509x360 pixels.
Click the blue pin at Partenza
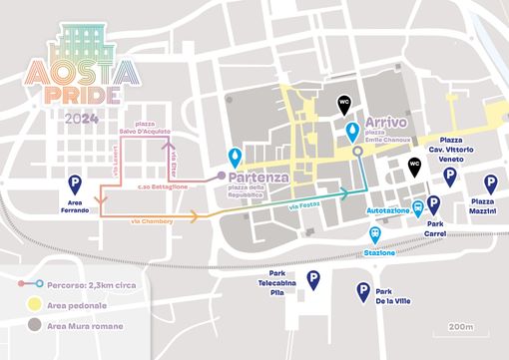[x=235, y=157]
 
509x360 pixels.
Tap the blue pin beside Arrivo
[x=351, y=132]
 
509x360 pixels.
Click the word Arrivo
[x=387, y=121]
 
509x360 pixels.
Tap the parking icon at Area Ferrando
[x=73, y=182]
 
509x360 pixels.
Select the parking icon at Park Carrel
[x=432, y=204]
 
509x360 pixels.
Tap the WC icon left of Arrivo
[x=343, y=103]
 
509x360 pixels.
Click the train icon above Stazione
[x=374, y=233]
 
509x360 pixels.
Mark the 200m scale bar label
[x=459, y=326]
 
